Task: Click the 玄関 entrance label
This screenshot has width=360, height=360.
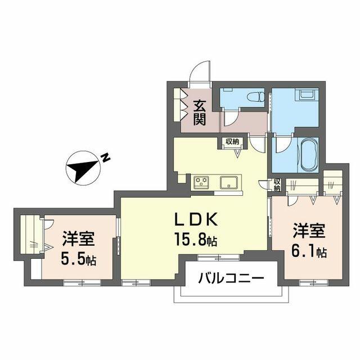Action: point(199,114)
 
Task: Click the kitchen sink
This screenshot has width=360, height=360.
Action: point(229,182)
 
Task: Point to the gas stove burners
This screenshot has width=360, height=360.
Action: point(201,182)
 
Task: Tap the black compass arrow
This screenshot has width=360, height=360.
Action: point(83,170)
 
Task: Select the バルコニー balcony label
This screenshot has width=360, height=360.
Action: point(231,278)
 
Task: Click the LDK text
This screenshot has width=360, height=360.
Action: point(196,220)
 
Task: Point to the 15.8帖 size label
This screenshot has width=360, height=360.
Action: point(196,239)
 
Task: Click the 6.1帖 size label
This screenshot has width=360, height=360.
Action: point(309,251)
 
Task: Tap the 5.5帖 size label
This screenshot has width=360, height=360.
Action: point(78,259)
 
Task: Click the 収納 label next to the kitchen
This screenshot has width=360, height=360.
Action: point(277,185)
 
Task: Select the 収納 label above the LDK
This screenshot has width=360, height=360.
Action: point(232,142)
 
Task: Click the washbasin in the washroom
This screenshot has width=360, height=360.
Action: point(307,94)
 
